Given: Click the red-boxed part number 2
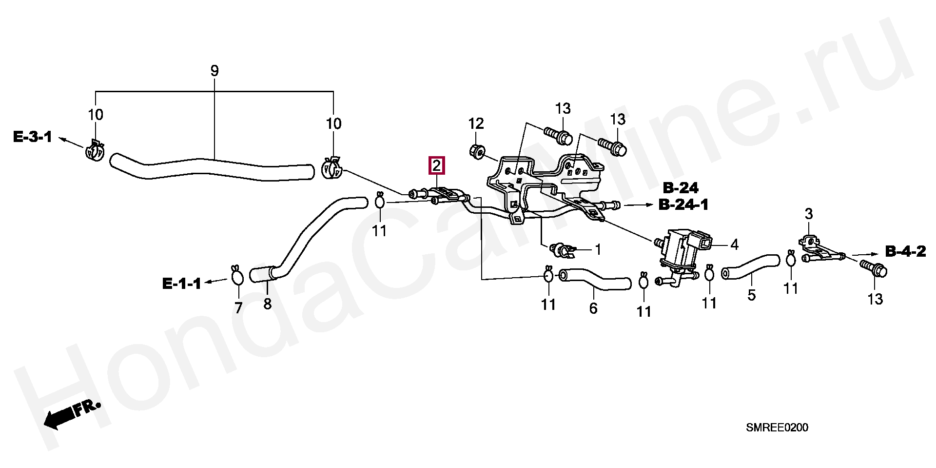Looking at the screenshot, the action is click(436, 165).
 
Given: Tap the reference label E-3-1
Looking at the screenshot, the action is click(32, 137).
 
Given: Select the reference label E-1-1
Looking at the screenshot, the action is click(181, 284).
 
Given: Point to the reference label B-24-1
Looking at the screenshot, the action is click(683, 204).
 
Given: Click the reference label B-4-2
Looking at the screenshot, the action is click(905, 251).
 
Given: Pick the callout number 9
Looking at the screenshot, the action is click(214, 71).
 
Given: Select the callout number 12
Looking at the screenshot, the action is click(476, 123).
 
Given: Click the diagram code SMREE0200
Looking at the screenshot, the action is click(777, 427).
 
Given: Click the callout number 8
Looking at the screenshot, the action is click(267, 304).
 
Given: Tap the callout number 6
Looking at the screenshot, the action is click(593, 308).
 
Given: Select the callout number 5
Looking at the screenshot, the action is click(751, 295).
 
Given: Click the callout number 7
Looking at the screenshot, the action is click(238, 307).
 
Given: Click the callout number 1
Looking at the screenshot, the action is click(598, 249).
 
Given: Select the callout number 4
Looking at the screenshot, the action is click(734, 244).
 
